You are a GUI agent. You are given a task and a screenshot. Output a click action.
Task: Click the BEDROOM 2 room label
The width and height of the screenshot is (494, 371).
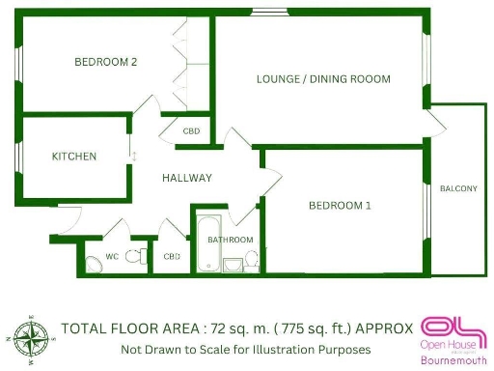point(106,62)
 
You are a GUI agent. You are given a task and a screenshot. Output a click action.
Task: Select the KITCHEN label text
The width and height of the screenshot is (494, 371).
point(74,156)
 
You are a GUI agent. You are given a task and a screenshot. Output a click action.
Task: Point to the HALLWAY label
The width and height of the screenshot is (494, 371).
point(187,178)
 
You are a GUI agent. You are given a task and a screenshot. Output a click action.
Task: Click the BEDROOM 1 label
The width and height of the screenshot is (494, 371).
point(340,205)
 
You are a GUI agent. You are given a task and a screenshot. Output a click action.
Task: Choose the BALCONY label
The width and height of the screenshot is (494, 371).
point(457,188)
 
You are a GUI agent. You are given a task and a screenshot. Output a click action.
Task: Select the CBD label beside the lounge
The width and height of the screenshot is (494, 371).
point(191,130)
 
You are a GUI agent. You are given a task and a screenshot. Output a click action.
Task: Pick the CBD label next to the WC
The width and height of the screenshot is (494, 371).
point(173,256)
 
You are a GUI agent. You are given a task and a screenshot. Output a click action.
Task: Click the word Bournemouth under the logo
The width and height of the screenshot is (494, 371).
point(453,361)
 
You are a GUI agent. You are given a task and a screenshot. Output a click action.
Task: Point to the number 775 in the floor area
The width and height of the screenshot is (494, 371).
point(306,328)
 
